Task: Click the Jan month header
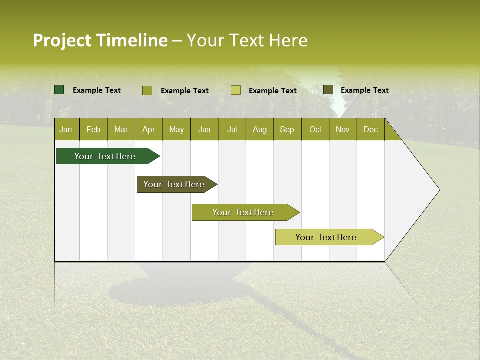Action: point(66,129)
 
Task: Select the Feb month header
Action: point(93,129)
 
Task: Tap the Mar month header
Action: point(121,129)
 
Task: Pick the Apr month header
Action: point(149,129)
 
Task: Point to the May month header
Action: point(176,129)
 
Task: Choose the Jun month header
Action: point(204,129)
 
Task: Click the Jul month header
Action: point(232,129)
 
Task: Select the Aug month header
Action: point(260,129)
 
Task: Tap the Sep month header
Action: point(287,129)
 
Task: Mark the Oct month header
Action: point(315,129)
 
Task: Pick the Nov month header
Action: point(343,129)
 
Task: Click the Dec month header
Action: point(370,129)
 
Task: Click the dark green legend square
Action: point(59,90)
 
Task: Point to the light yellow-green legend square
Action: point(236,90)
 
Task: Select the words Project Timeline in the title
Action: point(100,40)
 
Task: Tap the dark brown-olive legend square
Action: point(328,90)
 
